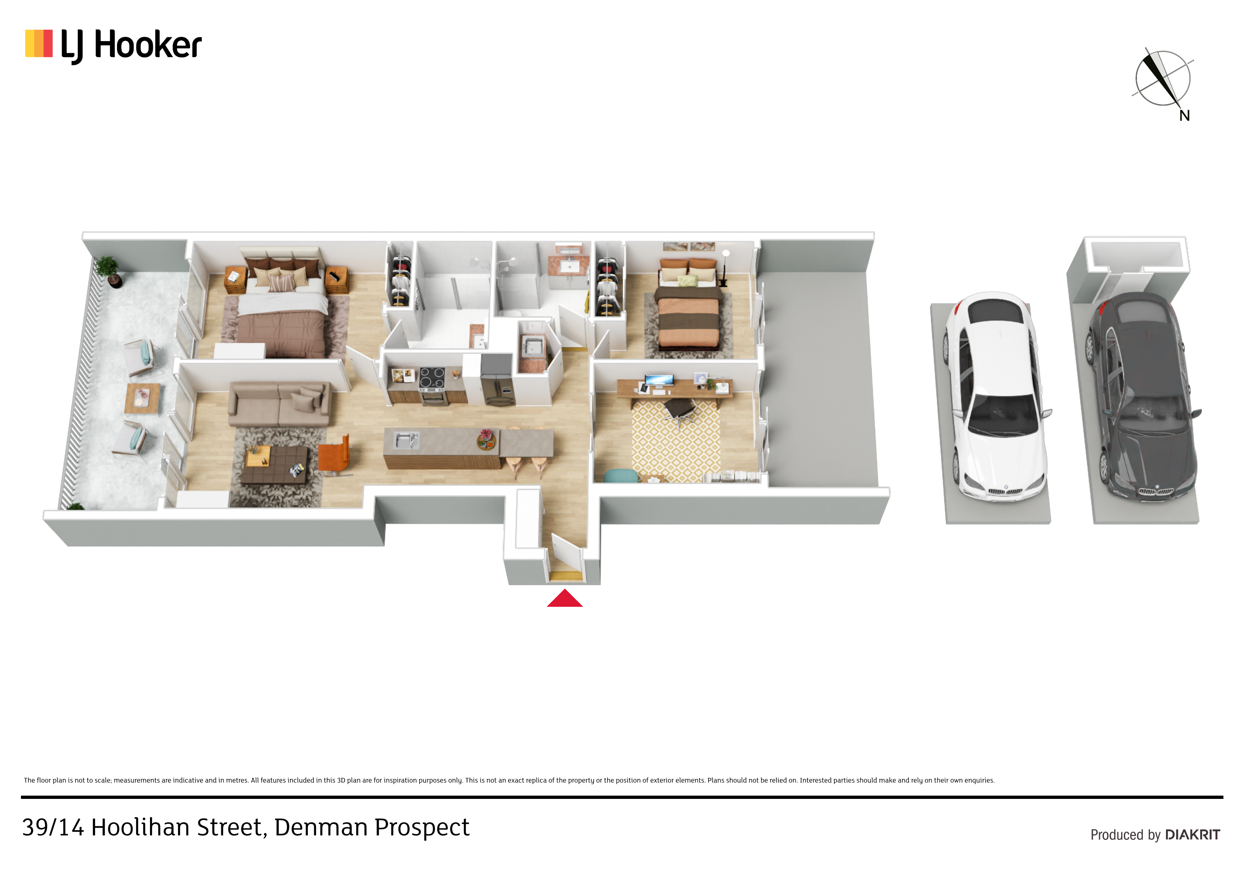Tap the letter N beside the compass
click(x=1184, y=115)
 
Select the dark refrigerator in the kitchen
click(x=497, y=379)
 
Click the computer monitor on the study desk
click(x=659, y=380)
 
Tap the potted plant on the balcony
click(x=109, y=271)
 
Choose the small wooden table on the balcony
click(x=143, y=399)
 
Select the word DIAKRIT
click(x=1193, y=835)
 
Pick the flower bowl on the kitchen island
click(x=486, y=440)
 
